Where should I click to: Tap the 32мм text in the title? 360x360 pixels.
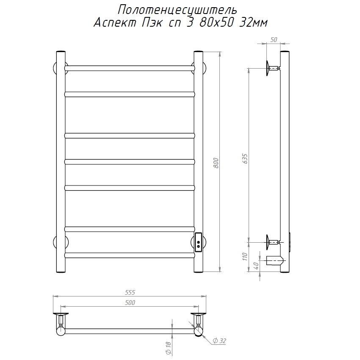tap(253, 23)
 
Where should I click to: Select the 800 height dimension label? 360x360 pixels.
tap(216, 163)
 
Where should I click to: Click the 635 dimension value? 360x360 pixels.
tap(245, 159)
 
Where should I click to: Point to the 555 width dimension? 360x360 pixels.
tap(130, 292)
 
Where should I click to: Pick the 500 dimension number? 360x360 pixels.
tap(130, 302)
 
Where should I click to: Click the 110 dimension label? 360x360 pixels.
tap(245, 257)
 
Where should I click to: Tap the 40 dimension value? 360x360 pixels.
tap(257, 266)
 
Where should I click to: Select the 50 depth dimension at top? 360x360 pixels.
tap(274, 40)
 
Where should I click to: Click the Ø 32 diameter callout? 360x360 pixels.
tap(219, 341)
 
